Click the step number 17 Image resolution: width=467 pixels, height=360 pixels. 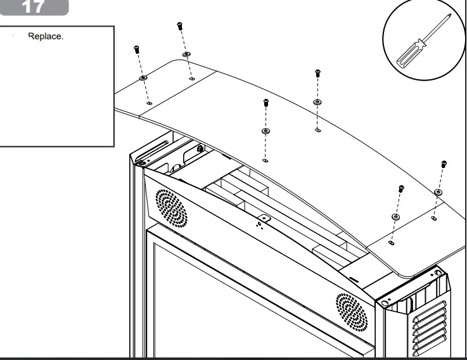pos(32,6)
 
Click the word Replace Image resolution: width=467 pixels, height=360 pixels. pos(46,36)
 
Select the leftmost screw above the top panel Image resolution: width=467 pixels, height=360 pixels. pos(137,49)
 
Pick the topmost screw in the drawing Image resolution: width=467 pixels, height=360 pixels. pos(179,26)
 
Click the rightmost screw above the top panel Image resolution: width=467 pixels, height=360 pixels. pos(444,164)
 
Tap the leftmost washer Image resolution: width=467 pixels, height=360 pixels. pos(144,78)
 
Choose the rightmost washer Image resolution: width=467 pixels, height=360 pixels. pos(438,192)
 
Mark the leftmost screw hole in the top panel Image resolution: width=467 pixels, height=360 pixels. pos(150,103)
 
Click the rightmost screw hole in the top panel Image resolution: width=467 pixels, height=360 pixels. pos(434,218)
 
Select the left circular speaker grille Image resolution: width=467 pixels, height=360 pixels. pos(171,207)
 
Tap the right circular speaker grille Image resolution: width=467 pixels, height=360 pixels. pos(352,312)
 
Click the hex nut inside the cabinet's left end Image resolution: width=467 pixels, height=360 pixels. pos(200,148)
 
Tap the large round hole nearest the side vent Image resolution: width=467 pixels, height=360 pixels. pos(438,273)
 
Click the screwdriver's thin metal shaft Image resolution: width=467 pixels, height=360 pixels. pos(437,28)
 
